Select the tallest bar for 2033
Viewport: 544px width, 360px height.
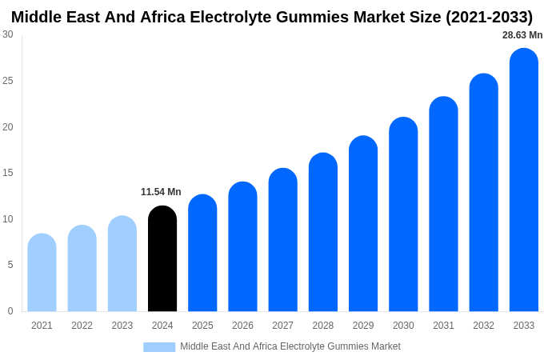point(524,180)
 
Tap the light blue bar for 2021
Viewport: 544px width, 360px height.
point(42,273)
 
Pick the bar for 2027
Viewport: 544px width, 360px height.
point(282,240)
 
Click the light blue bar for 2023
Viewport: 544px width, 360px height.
point(122,264)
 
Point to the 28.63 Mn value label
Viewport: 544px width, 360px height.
point(522,35)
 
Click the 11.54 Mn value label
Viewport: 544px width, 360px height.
point(161,192)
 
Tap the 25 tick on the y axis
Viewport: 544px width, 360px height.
point(8,81)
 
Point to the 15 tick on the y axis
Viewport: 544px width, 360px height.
point(8,173)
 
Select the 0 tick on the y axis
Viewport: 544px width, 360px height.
point(10,311)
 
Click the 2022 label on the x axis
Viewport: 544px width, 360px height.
point(82,326)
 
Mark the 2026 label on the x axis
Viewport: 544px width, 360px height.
point(242,326)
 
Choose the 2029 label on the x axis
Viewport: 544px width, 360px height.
point(363,326)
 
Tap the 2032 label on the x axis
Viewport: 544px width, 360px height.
point(483,326)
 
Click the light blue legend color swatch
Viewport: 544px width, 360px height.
point(159,347)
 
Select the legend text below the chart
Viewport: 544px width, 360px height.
point(290,346)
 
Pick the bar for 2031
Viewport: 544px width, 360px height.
point(443,204)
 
